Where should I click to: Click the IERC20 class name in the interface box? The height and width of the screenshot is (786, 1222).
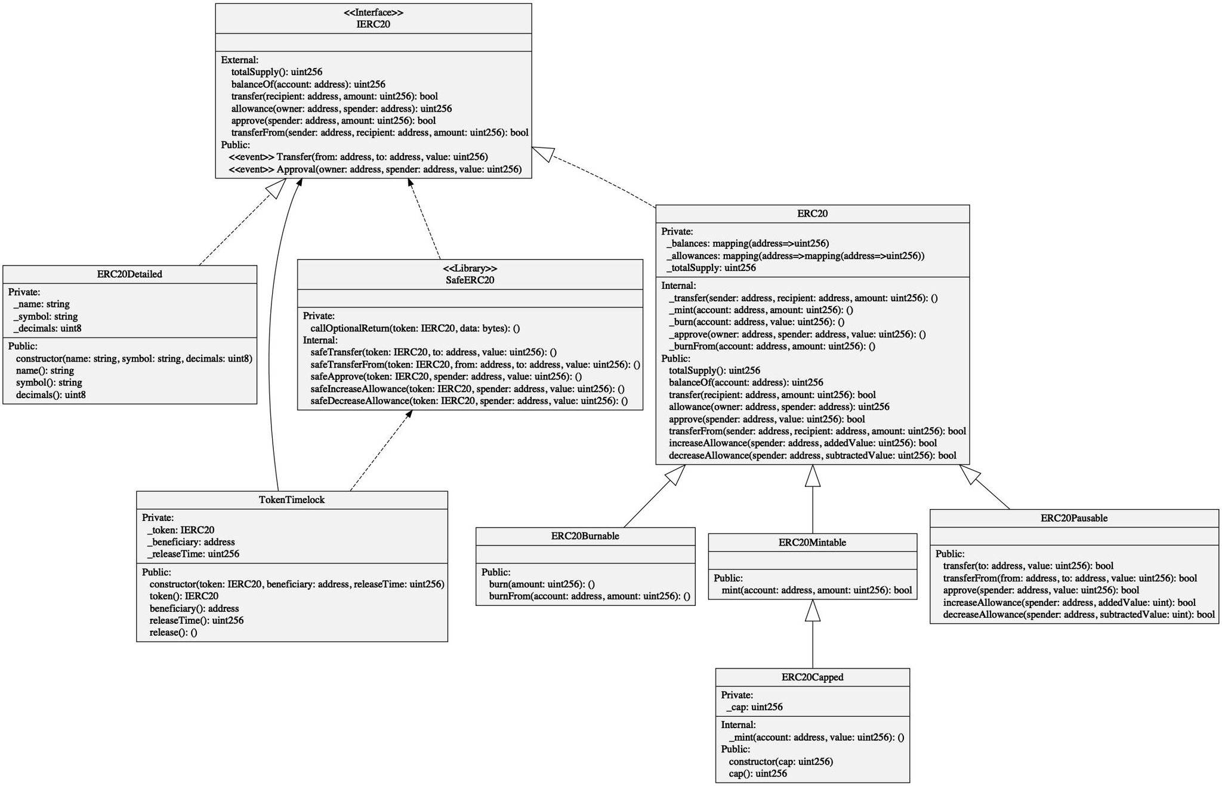tap(373, 24)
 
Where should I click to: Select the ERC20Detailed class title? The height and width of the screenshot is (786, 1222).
tap(129, 275)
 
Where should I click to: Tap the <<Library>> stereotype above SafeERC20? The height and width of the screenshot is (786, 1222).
tap(470, 268)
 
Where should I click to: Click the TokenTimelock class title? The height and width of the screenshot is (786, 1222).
tap(292, 500)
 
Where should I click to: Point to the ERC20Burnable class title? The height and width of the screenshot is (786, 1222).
tap(585, 536)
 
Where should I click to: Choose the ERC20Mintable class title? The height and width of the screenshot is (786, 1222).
tap(812, 543)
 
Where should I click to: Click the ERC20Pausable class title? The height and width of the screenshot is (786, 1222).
tap(1073, 518)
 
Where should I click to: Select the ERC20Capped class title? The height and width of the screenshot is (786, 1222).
tap(812, 677)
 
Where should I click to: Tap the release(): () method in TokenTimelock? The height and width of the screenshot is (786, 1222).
tap(173, 633)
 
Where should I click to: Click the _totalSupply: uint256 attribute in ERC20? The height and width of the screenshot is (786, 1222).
tap(711, 268)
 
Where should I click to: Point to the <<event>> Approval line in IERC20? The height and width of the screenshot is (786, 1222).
tap(375, 169)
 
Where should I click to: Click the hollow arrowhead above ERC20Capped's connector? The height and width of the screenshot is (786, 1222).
tap(812, 611)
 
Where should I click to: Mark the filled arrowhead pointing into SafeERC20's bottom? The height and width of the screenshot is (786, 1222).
tap(409, 414)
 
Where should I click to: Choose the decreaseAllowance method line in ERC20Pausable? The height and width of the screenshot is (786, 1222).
tap(1078, 615)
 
